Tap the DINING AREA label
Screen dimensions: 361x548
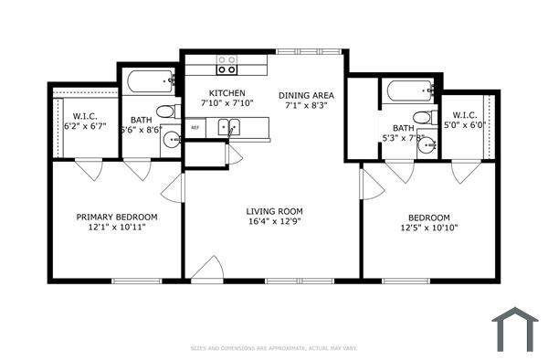306,94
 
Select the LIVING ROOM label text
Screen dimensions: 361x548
274,211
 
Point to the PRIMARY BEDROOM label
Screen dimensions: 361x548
116,217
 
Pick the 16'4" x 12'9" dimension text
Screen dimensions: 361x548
274,223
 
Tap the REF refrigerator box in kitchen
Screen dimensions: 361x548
195,128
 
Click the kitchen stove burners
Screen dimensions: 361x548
227,65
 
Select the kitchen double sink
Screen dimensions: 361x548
228,127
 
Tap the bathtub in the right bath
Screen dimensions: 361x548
409,90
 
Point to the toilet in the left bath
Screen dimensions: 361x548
165,111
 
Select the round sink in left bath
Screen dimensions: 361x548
171,140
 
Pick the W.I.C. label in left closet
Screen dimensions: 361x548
85,115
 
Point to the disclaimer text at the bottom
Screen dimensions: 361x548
273,348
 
